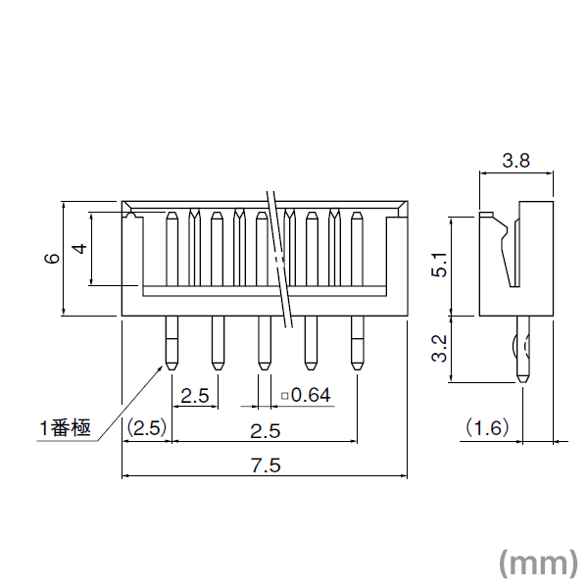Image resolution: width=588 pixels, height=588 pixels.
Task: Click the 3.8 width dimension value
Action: (515, 162)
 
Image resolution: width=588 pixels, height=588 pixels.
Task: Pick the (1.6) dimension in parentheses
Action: (487, 428)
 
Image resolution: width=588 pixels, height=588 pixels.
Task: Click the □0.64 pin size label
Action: (306, 396)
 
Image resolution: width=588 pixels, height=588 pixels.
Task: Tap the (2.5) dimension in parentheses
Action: (147, 428)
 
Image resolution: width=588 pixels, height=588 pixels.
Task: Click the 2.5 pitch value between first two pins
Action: (195, 396)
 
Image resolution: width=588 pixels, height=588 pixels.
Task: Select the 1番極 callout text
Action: (65, 428)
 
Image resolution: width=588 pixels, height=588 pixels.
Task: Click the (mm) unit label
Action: (538, 562)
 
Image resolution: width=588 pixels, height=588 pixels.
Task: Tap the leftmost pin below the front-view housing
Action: (171, 343)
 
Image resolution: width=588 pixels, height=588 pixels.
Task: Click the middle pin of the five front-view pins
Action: (263, 343)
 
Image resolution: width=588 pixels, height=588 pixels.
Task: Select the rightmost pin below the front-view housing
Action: (355, 343)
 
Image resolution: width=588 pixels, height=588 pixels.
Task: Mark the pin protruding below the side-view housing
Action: (521, 349)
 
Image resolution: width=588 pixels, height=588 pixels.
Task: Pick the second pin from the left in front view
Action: (217, 343)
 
